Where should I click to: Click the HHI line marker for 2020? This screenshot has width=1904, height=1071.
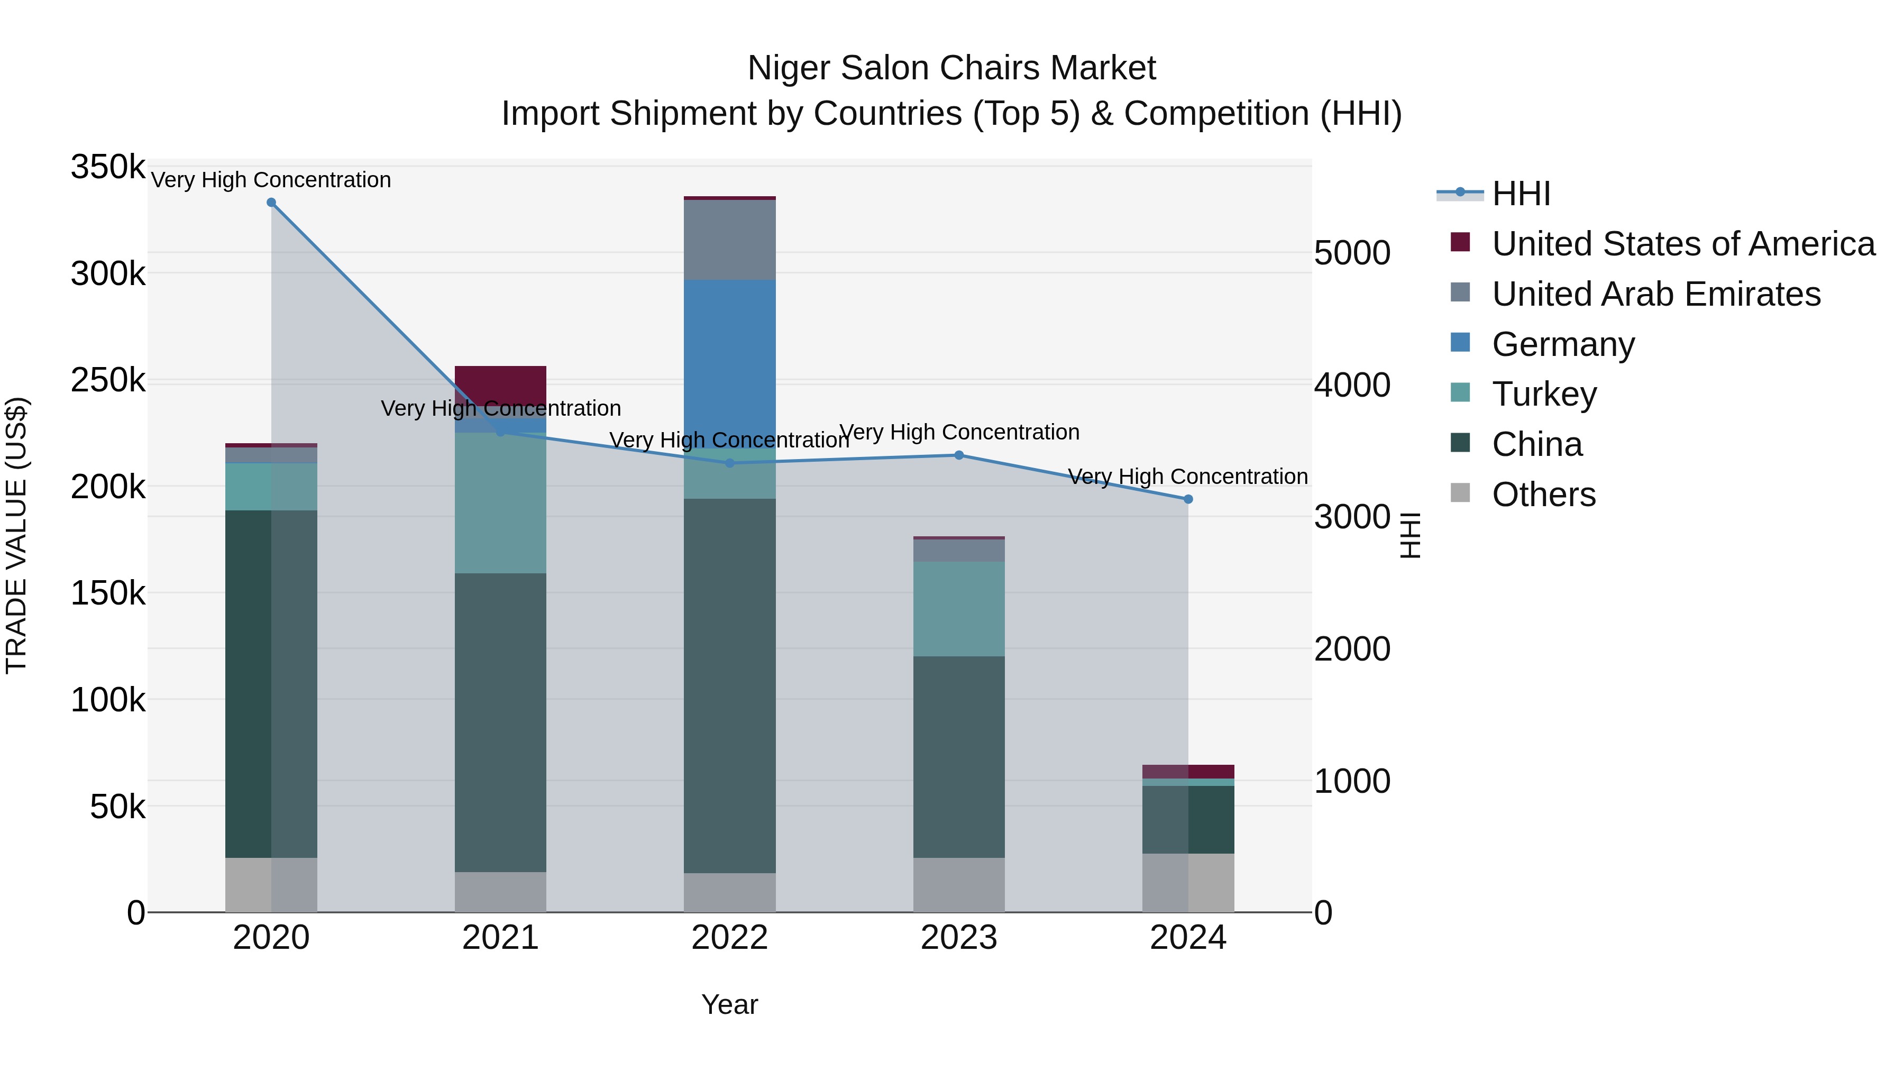pyautogui.click(x=271, y=203)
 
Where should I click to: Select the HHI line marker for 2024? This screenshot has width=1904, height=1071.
pyautogui.click(x=1188, y=500)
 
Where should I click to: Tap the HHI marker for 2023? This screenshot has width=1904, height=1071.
pyautogui.click(x=959, y=455)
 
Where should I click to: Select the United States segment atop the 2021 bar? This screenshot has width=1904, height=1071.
pyautogui.click(x=500, y=385)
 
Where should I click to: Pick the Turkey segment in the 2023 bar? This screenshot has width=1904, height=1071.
pyautogui.click(x=959, y=609)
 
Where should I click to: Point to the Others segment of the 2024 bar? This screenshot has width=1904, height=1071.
pyautogui.click(x=1188, y=883)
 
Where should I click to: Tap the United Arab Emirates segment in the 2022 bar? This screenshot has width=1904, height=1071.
pyautogui.click(x=729, y=240)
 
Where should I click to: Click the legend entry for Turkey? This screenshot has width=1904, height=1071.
pyautogui.click(x=1543, y=394)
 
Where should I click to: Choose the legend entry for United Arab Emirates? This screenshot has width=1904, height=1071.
pyautogui.click(x=1655, y=294)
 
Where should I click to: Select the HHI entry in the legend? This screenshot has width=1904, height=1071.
pyautogui.click(x=1521, y=194)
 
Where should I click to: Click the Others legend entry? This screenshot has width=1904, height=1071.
pyautogui.click(x=1543, y=495)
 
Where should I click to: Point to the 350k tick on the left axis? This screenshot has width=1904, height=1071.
pyautogui.click(x=108, y=167)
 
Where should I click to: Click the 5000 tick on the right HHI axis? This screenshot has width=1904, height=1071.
pyautogui.click(x=1352, y=253)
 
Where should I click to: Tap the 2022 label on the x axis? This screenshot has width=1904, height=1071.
pyautogui.click(x=729, y=938)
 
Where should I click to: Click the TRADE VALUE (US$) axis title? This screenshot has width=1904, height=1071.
pyautogui.click(x=17, y=535)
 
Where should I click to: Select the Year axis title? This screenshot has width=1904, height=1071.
pyautogui.click(x=729, y=1004)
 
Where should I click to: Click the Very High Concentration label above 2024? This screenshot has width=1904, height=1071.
pyautogui.click(x=1188, y=477)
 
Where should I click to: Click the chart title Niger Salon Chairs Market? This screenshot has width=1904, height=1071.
pyautogui.click(x=951, y=68)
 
